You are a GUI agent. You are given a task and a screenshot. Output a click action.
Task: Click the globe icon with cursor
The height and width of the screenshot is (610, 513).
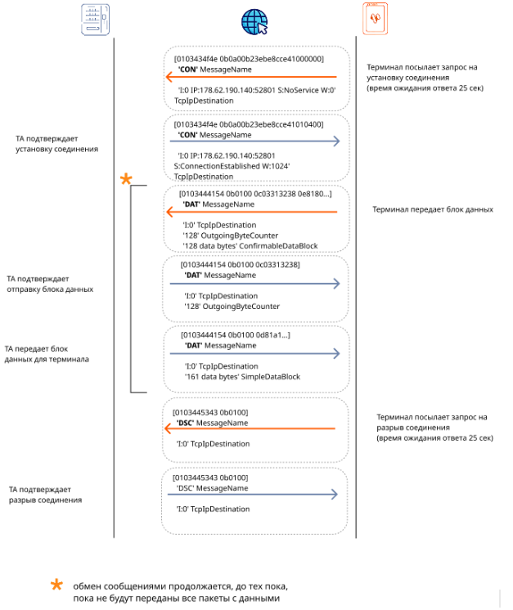[x=254, y=22]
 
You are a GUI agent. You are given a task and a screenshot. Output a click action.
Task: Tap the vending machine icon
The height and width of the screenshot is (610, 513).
[x=96, y=20]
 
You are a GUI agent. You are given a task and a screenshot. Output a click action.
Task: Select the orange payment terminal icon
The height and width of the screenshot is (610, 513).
[x=376, y=19]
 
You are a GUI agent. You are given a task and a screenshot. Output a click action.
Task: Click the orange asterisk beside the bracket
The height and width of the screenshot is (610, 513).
[x=126, y=179]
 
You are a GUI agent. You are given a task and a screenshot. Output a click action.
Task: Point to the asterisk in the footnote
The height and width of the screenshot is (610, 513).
[x=56, y=585]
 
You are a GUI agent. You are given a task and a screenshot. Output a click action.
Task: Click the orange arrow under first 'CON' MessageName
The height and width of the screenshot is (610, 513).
[x=251, y=77]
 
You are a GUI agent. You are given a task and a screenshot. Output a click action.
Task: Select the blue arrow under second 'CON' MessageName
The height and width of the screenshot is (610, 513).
[x=255, y=141]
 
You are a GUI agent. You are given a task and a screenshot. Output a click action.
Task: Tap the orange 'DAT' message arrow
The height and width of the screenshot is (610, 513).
[x=251, y=212]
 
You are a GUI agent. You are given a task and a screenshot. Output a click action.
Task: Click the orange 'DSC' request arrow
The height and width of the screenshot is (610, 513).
[x=250, y=428]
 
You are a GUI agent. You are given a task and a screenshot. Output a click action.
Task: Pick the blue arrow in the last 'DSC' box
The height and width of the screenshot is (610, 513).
[x=253, y=494]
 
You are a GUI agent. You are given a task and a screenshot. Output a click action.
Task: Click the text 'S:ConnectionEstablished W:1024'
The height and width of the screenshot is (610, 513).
[x=232, y=166]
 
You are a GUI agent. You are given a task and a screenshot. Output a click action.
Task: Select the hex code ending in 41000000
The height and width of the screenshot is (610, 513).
[x=249, y=59]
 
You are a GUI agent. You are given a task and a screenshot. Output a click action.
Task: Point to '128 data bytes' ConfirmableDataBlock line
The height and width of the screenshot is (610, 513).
[x=250, y=246]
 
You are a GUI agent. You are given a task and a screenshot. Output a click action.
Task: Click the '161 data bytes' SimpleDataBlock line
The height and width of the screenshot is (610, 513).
[x=242, y=377]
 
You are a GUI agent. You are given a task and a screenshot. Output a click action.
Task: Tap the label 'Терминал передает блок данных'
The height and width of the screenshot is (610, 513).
[x=433, y=209]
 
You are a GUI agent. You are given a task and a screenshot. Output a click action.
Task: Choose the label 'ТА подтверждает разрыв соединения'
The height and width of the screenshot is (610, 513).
[x=46, y=495]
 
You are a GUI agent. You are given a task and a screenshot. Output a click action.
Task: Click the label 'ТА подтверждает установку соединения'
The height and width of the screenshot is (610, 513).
[x=56, y=144]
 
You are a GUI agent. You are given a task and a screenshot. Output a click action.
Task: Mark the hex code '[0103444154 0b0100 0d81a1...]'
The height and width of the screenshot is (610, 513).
[x=236, y=335]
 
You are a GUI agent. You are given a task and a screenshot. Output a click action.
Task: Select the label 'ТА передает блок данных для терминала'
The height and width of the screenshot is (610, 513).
[x=47, y=354]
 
